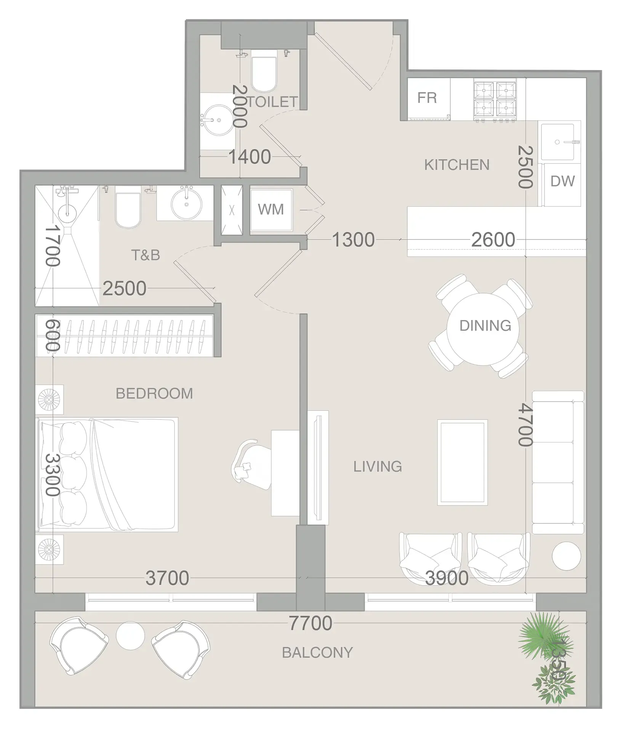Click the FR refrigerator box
click(427, 98)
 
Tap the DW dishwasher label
click(562, 182)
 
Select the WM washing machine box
click(271, 210)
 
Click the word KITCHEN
click(456, 165)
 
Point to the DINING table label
click(485, 326)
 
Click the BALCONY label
click(317, 653)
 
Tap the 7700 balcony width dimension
click(310, 623)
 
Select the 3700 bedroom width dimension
click(167, 578)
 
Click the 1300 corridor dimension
click(353, 240)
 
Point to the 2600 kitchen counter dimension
click(493, 240)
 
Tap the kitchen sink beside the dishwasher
click(558, 142)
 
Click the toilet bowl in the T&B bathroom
click(127, 210)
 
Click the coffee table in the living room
click(462, 462)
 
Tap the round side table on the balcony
click(130, 635)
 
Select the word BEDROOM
click(154, 393)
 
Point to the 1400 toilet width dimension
click(250, 156)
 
